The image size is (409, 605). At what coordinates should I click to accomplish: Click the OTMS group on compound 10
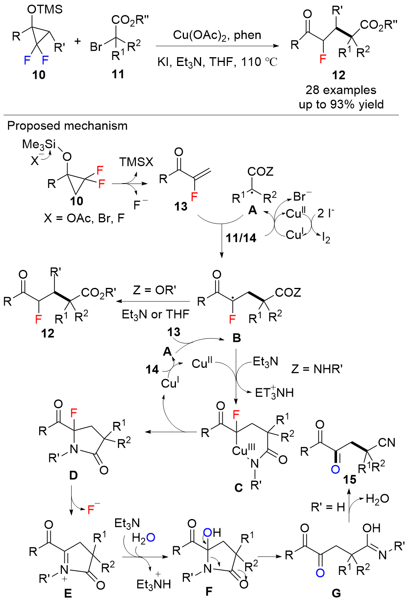tap(45, 10)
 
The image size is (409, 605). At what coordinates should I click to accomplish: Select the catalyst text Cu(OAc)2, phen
tap(217, 35)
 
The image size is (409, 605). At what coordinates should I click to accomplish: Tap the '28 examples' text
tap(341, 90)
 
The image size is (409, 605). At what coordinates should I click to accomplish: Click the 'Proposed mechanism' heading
tap(67, 126)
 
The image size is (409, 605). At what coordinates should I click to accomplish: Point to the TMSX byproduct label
tap(136, 162)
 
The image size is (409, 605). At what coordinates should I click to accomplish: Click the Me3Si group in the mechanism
tap(39, 145)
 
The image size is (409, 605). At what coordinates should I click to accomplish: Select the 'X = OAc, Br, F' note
tap(84, 218)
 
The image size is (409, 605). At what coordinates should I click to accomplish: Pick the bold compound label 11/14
tap(241, 238)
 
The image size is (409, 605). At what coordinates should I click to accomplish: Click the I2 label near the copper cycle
tap(326, 238)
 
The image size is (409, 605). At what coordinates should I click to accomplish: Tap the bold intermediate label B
tap(237, 338)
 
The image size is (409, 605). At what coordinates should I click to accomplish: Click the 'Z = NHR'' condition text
tap(317, 369)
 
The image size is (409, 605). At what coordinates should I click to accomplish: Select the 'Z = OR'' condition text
tap(154, 290)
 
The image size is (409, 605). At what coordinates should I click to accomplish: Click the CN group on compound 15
tap(387, 442)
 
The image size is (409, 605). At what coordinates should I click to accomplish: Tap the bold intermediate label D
tap(74, 475)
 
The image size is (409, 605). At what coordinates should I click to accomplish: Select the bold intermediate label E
tap(68, 593)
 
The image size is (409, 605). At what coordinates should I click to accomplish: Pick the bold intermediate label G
tap(336, 593)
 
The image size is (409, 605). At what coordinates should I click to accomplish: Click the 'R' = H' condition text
tap(328, 507)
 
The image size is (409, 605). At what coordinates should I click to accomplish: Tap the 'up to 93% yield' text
tap(341, 104)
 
